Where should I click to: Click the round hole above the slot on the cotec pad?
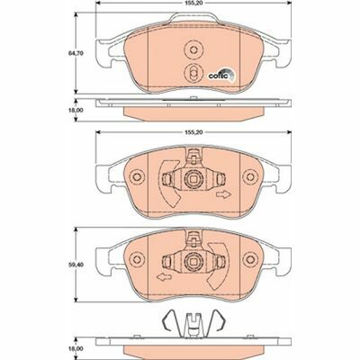coord(191,50)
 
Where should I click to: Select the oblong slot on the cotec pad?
coord(191,74)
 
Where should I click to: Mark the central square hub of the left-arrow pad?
coord(191,263)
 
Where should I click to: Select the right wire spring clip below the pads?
coord(214,320)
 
